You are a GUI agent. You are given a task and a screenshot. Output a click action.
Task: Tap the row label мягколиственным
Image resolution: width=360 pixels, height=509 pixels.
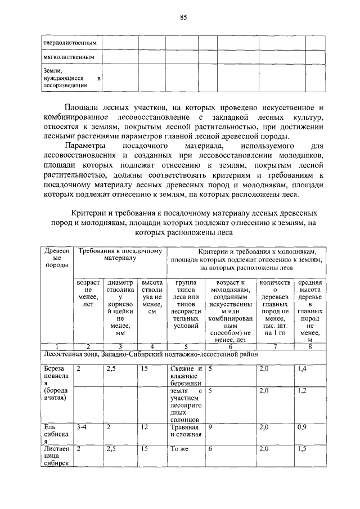pos(69,57)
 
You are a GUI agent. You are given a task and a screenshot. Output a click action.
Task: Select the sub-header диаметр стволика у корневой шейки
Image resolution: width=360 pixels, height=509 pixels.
pos(119,307)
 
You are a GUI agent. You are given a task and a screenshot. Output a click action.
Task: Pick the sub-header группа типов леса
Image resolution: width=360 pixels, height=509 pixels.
pos(186,304)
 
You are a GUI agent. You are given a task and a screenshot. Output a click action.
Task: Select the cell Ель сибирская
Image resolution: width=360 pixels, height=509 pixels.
pos(56,434)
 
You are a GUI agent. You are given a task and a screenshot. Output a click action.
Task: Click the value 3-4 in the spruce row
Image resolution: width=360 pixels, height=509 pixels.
pos(82,427)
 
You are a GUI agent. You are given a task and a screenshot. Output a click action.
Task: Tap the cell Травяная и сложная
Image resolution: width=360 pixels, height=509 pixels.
pos(185,431)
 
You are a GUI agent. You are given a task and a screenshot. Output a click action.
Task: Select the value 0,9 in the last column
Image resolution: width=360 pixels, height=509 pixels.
pos(303,427)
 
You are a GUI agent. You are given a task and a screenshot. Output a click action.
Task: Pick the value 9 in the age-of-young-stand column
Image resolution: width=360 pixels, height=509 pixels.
pos(210,427)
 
